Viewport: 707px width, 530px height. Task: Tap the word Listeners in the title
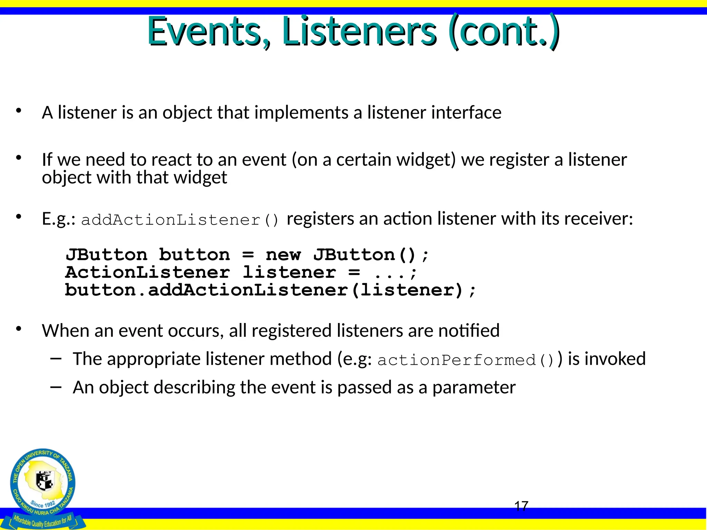(x=359, y=32)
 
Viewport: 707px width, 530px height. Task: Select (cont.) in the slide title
(x=504, y=32)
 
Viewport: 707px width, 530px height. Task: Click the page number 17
(x=521, y=506)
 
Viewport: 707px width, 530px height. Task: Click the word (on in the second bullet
(x=304, y=160)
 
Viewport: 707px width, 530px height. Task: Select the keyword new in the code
(x=283, y=255)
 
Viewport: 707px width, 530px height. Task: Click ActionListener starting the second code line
(x=147, y=273)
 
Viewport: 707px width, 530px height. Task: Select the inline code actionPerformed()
(x=466, y=360)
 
